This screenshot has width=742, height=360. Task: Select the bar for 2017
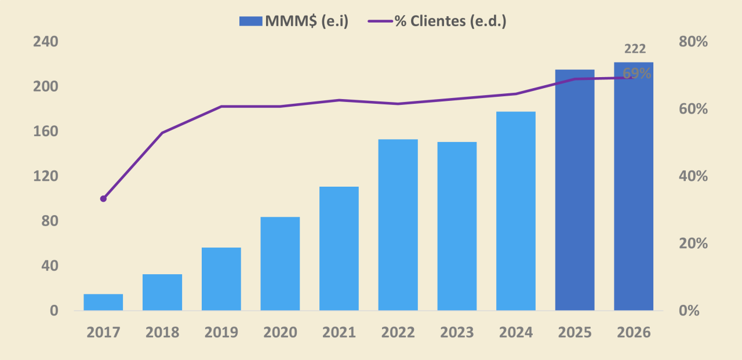(x=103, y=302)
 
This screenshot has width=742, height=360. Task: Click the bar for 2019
(x=221, y=279)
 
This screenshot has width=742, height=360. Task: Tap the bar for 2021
(x=339, y=248)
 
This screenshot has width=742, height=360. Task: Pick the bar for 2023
(x=457, y=226)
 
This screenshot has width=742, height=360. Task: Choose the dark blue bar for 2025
(x=574, y=190)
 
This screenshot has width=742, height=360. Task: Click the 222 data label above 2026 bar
(x=635, y=49)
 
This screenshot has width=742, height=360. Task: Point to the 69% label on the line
(x=636, y=74)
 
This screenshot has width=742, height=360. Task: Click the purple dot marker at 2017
(x=103, y=199)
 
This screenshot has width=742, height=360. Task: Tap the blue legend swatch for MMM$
(x=251, y=21)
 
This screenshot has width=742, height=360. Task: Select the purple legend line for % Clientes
(x=380, y=21)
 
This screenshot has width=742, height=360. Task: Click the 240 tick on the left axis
(x=46, y=42)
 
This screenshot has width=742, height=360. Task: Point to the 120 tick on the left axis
(x=46, y=176)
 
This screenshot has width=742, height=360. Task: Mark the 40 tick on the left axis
(x=50, y=266)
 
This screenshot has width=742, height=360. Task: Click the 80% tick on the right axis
(x=693, y=42)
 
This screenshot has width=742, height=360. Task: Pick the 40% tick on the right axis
(x=693, y=176)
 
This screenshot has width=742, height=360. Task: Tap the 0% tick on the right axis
(x=689, y=311)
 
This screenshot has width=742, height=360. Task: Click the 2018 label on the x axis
(x=162, y=333)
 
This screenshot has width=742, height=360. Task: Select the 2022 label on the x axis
(x=398, y=333)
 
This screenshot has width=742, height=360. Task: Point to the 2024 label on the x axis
(x=516, y=333)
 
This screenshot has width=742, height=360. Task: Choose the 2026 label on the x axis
(x=634, y=333)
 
